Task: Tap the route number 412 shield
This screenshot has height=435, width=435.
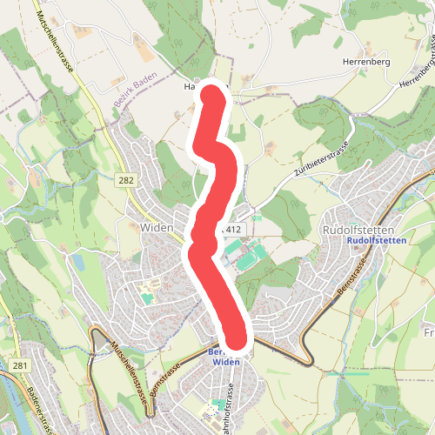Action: (231, 228)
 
